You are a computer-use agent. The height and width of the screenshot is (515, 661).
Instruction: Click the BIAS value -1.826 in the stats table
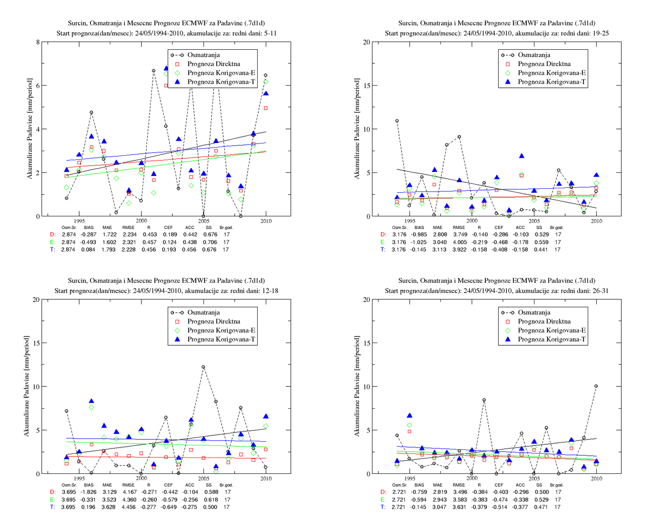(x=88, y=491)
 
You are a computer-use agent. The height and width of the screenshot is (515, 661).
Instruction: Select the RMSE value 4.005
(x=459, y=242)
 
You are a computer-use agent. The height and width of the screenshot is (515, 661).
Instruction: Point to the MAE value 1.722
(x=109, y=234)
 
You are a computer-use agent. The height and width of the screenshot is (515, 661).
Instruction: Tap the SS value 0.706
(x=210, y=242)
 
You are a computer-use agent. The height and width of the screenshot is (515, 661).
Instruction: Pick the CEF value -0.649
(x=169, y=507)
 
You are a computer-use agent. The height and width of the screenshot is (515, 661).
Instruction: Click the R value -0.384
(x=479, y=491)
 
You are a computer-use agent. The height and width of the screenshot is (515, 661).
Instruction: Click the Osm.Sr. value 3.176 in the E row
(x=399, y=242)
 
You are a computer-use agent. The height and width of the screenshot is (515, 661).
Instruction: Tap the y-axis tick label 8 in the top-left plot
(x=38, y=42)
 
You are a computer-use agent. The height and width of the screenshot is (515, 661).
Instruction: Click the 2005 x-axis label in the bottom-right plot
(x=534, y=478)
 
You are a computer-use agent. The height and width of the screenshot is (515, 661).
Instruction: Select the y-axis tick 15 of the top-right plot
(x=366, y=86)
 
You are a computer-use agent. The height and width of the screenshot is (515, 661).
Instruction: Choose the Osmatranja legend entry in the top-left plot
(x=203, y=55)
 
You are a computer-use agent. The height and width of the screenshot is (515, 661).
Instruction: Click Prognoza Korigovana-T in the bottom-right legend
(x=552, y=339)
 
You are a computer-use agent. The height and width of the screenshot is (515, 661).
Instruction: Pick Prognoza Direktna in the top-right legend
(x=544, y=64)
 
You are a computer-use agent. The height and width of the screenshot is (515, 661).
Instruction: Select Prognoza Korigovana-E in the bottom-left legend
(x=221, y=330)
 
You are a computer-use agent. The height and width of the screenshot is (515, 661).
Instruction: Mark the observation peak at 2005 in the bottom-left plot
(x=203, y=367)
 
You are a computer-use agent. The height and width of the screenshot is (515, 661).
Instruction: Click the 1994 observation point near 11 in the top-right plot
(x=397, y=121)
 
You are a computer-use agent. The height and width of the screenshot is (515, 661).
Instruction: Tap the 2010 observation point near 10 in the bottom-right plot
(x=596, y=386)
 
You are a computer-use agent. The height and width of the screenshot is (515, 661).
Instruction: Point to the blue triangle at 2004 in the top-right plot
(x=521, y=156)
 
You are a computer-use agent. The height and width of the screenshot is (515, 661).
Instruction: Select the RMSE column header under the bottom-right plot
(x=459, y=485)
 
